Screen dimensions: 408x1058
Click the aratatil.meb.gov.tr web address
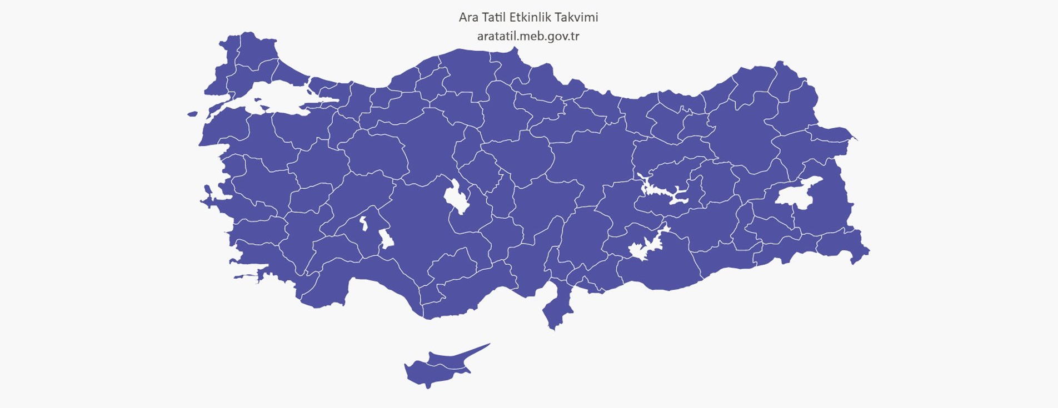[528, 36]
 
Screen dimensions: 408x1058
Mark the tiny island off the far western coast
[192, 114]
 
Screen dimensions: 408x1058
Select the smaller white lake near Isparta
[364, 223]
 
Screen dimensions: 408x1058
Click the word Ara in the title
[468, 17]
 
